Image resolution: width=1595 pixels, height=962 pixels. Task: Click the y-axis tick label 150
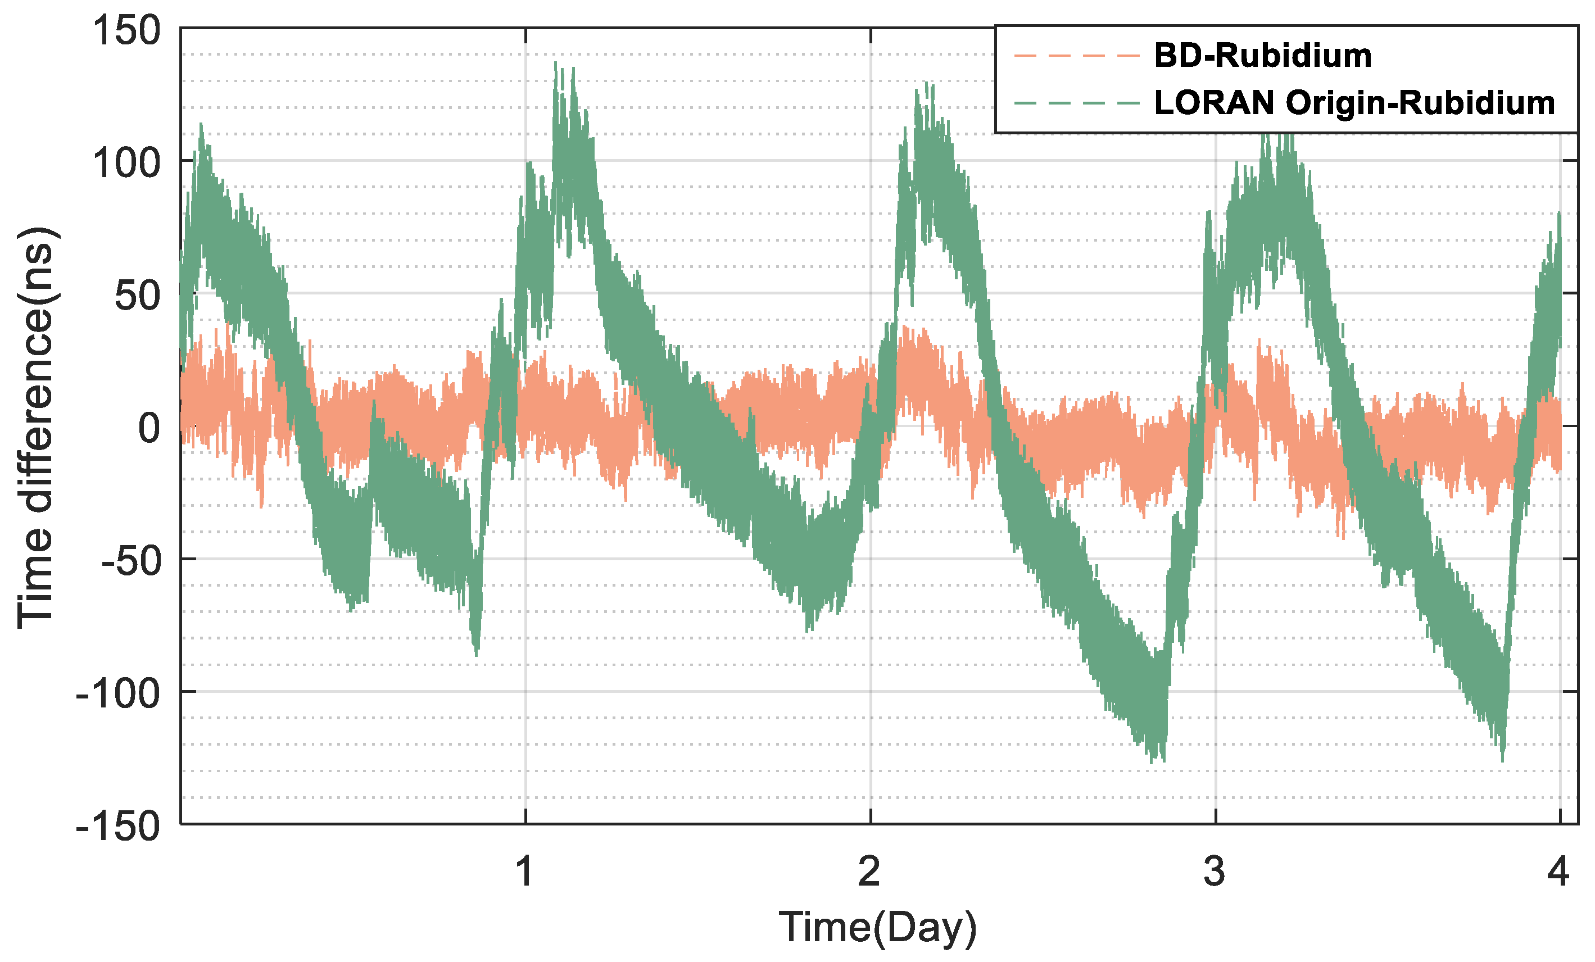[x=126, y=30]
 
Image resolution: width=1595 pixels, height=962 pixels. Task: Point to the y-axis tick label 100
[x=126, y=162]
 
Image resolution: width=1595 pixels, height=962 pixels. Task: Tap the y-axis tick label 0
[x=149, y=428]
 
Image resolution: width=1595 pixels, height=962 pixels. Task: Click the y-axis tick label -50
[x=130, y=561]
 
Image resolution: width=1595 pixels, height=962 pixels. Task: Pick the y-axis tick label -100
[x=118, y=694]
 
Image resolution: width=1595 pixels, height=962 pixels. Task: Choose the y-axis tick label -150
[x=118, y=827]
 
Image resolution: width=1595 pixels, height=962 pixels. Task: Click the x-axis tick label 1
[x=524, y=872]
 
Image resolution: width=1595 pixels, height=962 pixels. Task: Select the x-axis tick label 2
[x=869, y=872]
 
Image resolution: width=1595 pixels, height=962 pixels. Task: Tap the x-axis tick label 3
[x=1215, y=872]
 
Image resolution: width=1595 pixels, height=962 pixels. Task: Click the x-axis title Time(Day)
[x=877, y=927]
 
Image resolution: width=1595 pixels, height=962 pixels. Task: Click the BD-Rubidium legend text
[x=1263, y=56]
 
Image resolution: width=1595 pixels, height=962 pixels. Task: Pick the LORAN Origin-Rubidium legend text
[x=1355, y=103]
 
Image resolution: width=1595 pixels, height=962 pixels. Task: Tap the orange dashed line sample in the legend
[x=1076, y=56]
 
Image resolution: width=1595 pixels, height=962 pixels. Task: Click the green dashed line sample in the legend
[x=1076, y=103]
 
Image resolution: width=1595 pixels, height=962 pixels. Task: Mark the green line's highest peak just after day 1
[x=556, y=63]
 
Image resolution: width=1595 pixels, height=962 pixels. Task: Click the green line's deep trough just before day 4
[x=1502, y=760]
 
